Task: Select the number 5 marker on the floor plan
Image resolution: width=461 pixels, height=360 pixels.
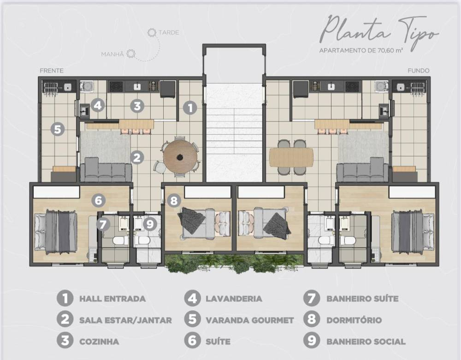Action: [57, 130]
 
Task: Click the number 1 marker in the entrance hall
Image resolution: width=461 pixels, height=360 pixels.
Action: [190, 108]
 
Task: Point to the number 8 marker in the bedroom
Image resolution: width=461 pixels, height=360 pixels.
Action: [174, 201]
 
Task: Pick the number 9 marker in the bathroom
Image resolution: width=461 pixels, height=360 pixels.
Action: [150, 224]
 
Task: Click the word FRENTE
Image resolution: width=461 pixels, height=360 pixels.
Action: [52, 71]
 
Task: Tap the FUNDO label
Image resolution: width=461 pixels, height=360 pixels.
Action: [419, 71]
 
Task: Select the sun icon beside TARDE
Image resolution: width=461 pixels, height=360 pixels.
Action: [152, 32]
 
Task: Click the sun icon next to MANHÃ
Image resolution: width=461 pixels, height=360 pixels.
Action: [131, 54]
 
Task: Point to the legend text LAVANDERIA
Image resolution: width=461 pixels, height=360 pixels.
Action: [234, 299]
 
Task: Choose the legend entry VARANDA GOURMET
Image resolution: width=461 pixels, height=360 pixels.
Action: [249, 320]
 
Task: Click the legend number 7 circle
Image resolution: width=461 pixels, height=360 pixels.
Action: [311, 298]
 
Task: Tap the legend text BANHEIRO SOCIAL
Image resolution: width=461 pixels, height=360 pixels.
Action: [366, 342]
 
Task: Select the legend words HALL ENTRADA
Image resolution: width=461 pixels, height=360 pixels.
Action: [112, 299]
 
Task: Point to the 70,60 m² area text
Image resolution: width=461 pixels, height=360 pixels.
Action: [390, 50]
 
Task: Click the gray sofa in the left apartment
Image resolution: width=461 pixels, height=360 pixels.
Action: [106, 170]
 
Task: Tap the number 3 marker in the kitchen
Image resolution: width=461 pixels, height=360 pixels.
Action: [137, 106]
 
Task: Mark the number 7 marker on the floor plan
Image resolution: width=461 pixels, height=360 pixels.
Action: [103, 224]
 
